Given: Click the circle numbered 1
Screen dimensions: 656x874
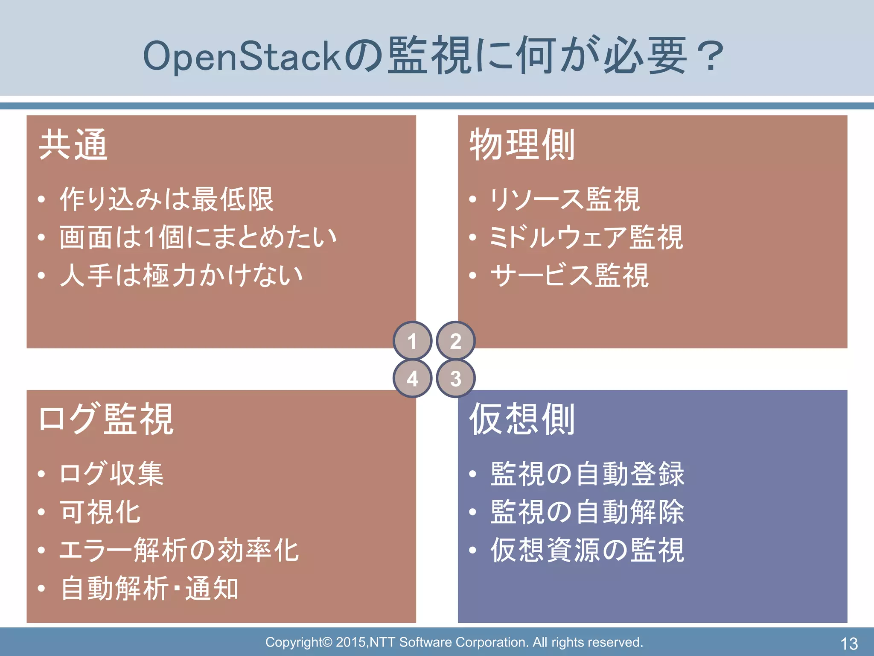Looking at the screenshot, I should pos(412,341).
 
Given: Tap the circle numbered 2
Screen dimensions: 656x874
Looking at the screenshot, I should pos(456,341).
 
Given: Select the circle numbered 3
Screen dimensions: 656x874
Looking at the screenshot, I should pos(456,378).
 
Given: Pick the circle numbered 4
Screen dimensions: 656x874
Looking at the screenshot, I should pos(412,378).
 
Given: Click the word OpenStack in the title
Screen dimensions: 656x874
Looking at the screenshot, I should pos(242,56).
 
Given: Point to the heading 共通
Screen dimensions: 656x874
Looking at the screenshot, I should pos(73,145).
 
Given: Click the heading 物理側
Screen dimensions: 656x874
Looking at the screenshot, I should pos(522,145).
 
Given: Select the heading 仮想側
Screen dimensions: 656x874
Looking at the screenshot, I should pos(522,419).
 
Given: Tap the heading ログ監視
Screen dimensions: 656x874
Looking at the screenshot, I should pos(106,419).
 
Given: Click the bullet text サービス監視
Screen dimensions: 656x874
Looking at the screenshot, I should pos(569,275).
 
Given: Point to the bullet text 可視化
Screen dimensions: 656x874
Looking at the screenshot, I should pos(100,512).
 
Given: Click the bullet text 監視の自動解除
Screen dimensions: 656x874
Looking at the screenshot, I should pos(587,512).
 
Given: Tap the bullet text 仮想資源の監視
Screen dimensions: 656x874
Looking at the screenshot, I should pos(587,550).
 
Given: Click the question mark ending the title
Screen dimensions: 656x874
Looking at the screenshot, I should pos(708,56).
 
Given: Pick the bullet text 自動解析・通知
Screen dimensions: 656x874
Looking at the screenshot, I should pos(149,589).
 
